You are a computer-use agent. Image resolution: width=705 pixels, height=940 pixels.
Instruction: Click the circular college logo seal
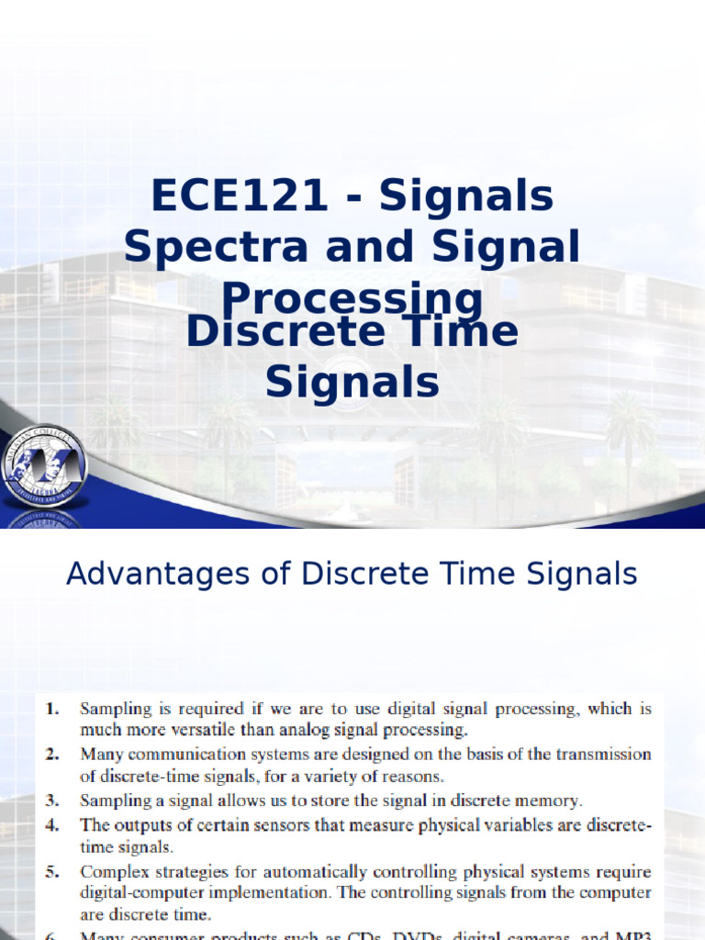[x=43, y=466]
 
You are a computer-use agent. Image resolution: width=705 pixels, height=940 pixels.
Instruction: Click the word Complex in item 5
[x=113, y=870]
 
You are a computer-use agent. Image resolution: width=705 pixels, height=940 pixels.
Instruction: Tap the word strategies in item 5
[x=195, y=870]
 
